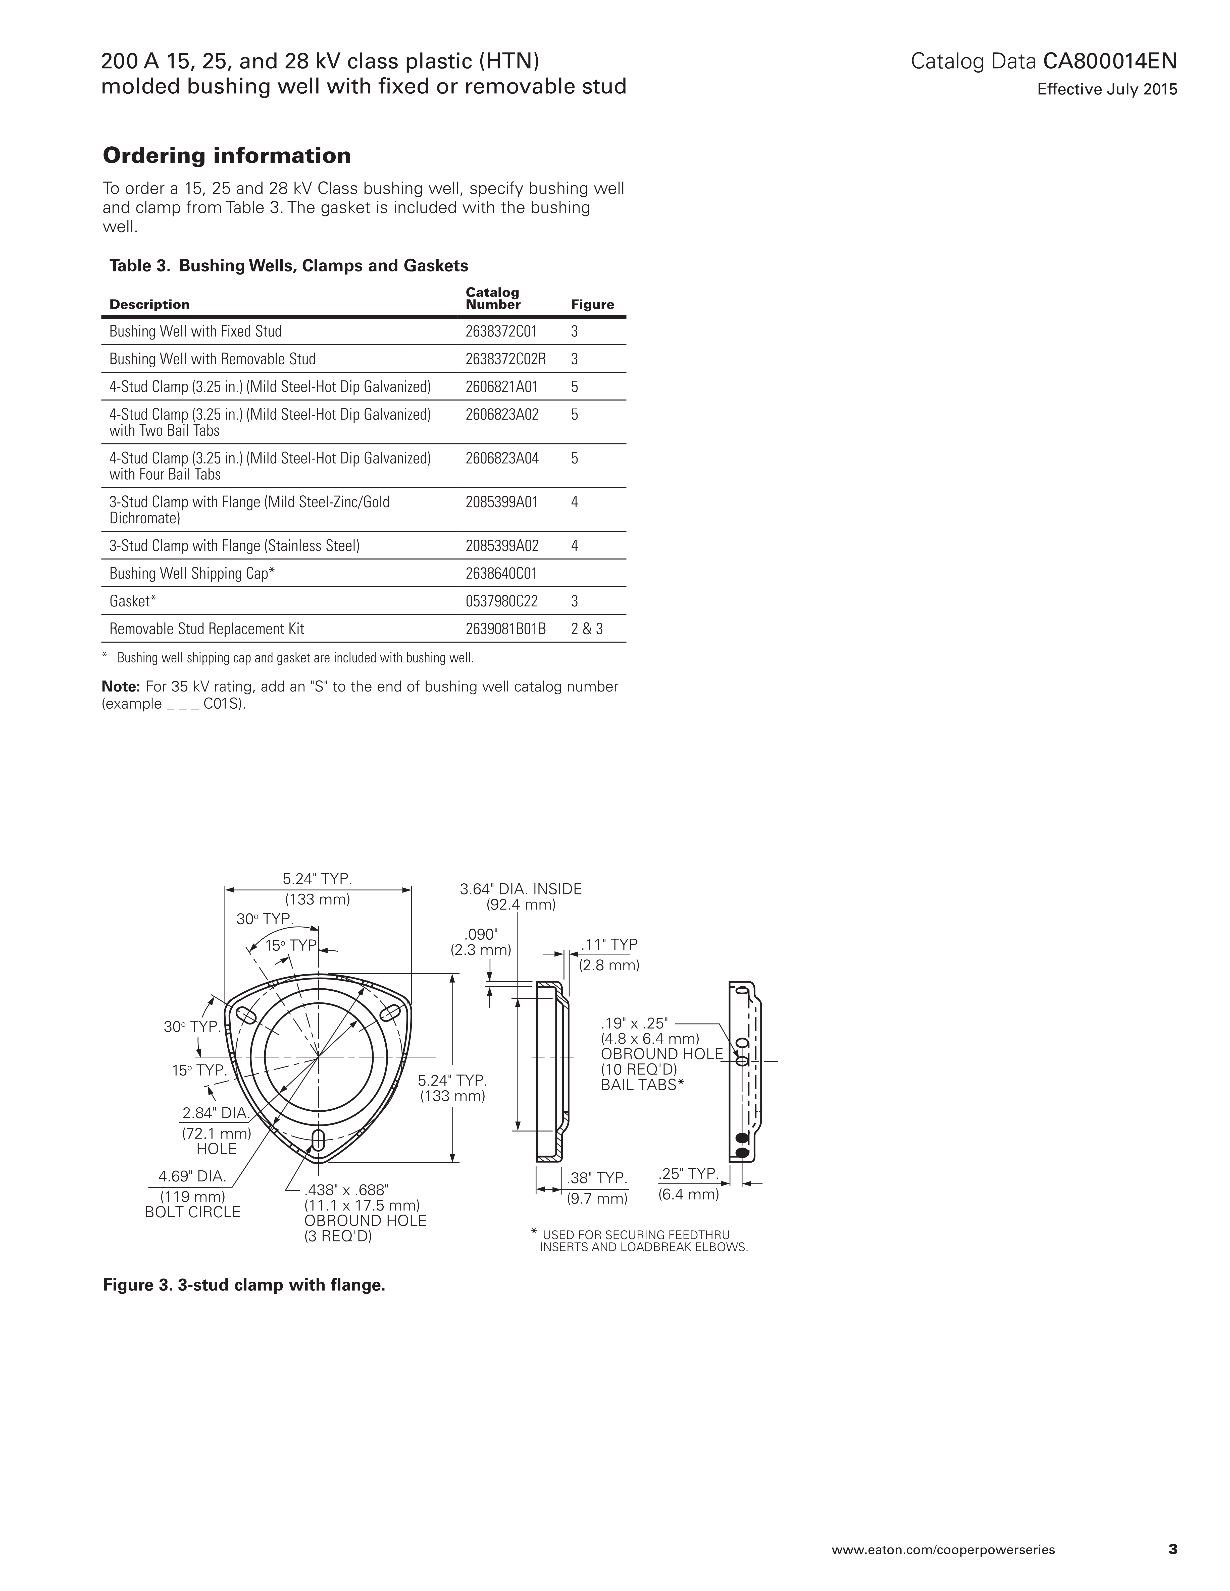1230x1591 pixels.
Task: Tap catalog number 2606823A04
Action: pos(502,458)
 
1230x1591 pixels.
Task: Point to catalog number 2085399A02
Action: pos(502,546)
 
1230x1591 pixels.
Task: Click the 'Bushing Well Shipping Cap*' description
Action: pos(192,573)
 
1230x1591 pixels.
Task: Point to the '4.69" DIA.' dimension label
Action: pos(192,1176)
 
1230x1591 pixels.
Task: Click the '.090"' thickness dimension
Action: pos(482,934)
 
